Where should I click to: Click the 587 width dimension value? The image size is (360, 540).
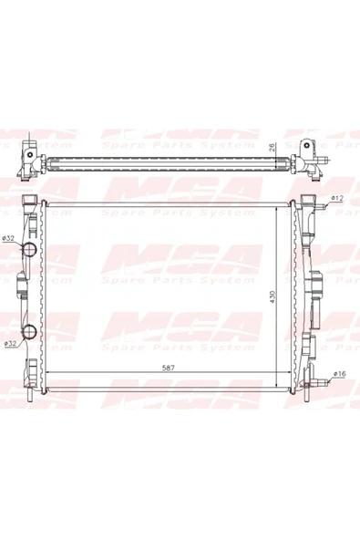[x=169, y=368]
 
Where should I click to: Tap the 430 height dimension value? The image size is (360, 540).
[x=273, y=296]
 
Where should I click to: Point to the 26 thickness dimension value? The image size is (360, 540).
[x=272, y=148]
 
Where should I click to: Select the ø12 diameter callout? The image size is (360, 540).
[x=337, y=198]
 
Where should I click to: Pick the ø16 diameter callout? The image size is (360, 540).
[x=339, y=374]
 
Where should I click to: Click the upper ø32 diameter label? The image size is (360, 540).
[x=7, y=238]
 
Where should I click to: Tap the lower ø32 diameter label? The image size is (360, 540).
[x=11, y=343]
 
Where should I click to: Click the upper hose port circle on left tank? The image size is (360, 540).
[x=29, y=249]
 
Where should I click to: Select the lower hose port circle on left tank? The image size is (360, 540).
[x=29, y=332]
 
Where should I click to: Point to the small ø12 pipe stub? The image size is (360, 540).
[x=321, y=207]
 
